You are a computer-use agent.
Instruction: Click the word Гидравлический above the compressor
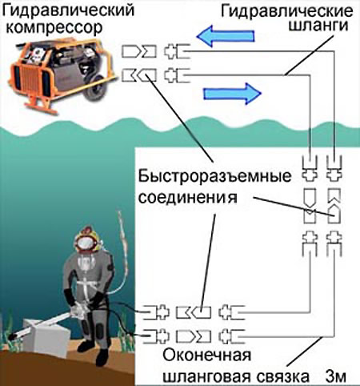coord(68,10)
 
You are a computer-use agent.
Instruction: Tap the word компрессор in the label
coord(54,28)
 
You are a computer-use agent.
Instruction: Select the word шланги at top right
coord(318,26)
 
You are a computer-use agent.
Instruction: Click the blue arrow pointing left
coord(226,36)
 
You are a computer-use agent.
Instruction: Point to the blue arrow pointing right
coord(233,94)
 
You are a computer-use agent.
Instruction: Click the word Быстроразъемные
coord(214,176)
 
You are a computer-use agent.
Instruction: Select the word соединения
coord(188,198)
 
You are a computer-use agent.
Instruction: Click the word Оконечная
coord(207,356)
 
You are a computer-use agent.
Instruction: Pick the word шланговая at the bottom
coord(206,376)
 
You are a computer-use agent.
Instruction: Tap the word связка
coord(283,376)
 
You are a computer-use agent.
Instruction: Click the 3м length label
coord(336,376)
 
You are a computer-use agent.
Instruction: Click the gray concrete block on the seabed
coord(46,338)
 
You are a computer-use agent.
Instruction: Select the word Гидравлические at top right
coord(286,11)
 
